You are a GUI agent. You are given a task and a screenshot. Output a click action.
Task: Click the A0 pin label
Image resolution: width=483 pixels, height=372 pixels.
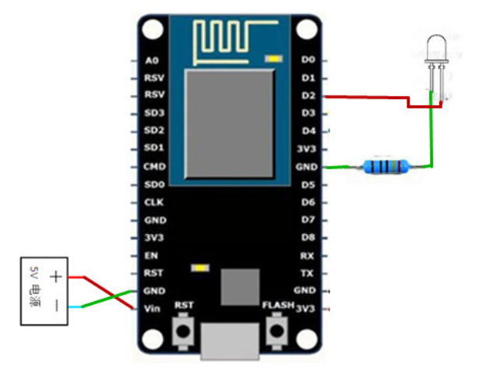[152, 60]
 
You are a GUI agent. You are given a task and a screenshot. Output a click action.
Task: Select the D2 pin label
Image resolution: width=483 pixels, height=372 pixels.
[308, 96]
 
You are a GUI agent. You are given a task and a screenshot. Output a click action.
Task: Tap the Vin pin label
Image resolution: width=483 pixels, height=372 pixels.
[153, 308]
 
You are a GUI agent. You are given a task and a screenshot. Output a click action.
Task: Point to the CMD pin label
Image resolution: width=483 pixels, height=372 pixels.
[153, 166]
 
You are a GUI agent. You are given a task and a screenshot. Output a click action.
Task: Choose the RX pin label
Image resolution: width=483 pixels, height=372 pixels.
[308, 255]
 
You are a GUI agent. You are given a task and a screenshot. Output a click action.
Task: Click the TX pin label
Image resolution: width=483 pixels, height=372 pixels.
[308, 273]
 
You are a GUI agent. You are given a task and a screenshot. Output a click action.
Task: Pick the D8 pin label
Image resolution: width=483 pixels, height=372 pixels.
[308, 237]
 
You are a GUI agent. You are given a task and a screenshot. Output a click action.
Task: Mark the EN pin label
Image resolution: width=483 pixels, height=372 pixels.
[152, 255]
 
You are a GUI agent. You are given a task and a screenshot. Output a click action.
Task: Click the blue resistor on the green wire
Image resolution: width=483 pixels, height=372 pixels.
[386, 165]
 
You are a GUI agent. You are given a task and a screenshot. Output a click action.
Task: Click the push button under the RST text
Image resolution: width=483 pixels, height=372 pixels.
[185, 331]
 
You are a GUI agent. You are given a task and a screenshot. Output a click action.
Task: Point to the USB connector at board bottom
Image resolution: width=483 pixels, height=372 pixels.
[230, 343]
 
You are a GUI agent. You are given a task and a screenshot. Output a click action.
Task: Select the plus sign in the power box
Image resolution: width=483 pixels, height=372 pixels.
[56, 277]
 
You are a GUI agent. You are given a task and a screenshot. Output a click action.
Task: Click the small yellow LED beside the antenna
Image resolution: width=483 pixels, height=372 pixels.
[273, 58]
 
